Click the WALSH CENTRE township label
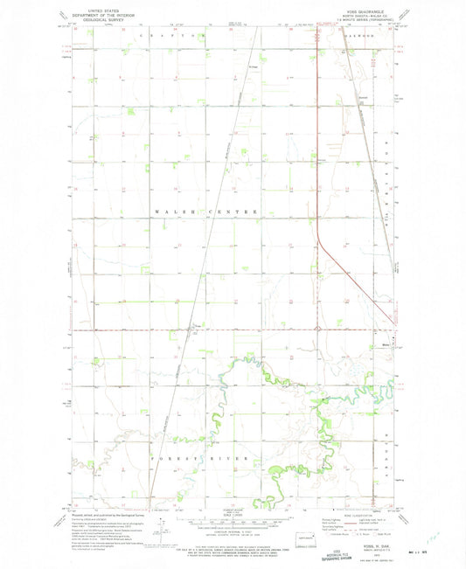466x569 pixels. pyautogui.click(x=207, y=212)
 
